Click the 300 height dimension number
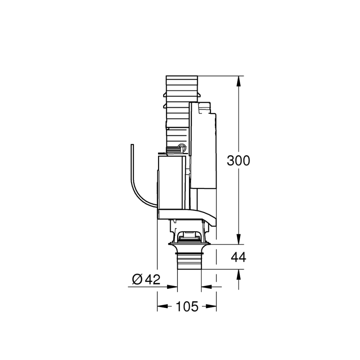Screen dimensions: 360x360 (238, 161)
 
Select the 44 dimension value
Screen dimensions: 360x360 (238, 257)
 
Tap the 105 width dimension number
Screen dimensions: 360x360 (187, 307)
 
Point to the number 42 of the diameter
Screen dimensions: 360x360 (152, 279)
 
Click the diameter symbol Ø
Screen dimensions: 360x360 (138, 280)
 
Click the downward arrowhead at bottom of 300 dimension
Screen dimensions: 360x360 (238, 240)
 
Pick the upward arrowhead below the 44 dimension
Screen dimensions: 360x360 (238, 274)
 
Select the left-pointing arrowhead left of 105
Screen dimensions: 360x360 (161, 307)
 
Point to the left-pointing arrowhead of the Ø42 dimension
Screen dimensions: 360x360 (206, 286)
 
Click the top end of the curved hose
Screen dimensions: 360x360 (132, 146)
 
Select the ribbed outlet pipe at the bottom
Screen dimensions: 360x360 (189, 261)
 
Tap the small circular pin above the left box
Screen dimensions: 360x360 (181, 146)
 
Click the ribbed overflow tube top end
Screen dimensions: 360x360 (182, 79)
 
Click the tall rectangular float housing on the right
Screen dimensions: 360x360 (203, 145)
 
